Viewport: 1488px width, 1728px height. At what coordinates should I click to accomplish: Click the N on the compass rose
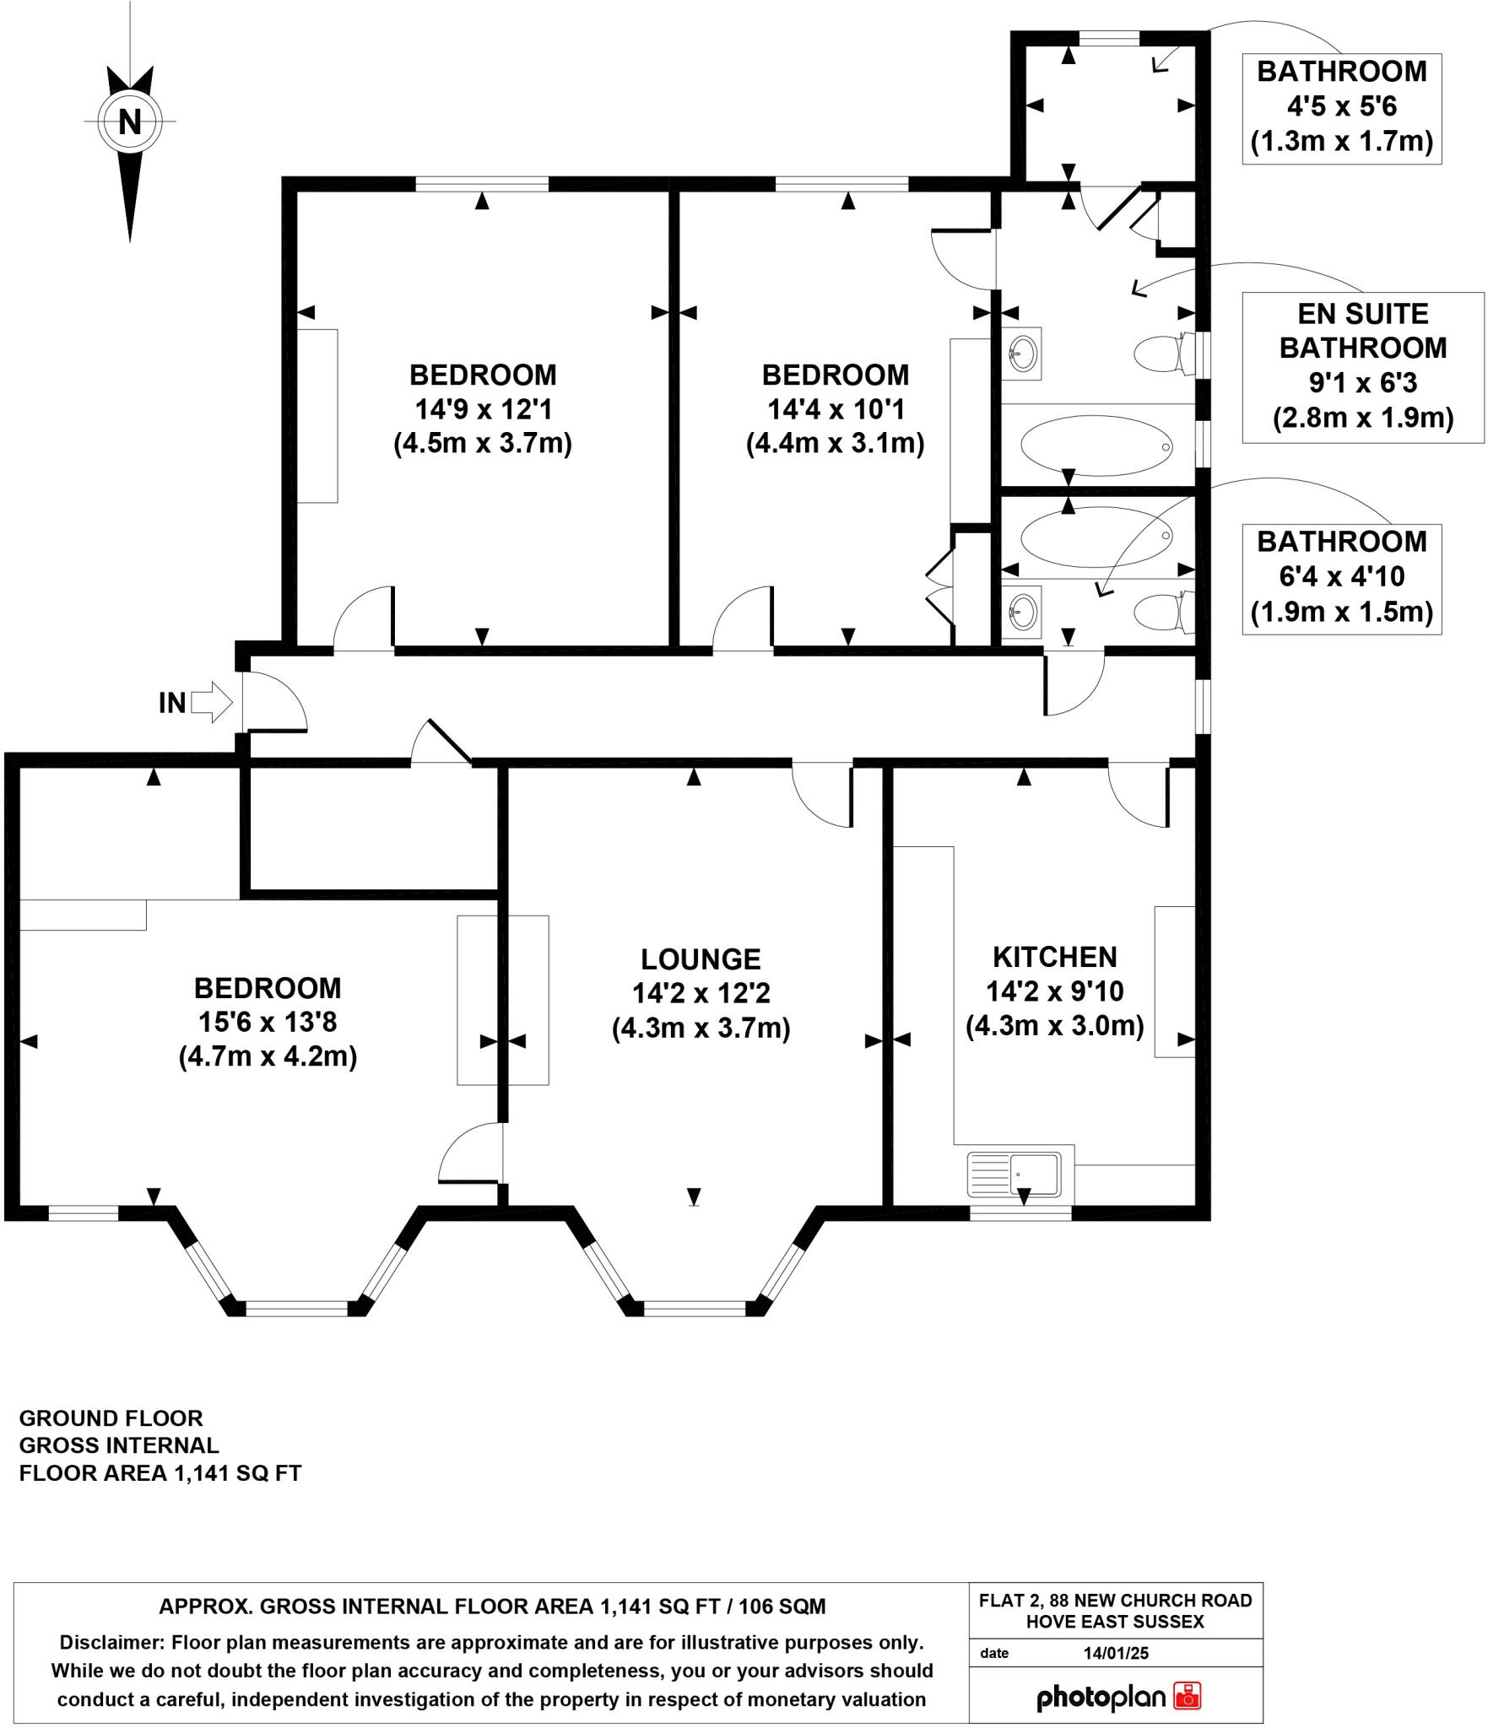pos(129,121)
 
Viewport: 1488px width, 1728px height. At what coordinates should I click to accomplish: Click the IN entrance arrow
pos(211,702)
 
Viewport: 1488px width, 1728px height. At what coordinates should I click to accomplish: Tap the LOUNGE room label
pos(701,959)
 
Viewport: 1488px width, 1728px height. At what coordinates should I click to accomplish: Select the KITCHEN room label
pos(1054,957)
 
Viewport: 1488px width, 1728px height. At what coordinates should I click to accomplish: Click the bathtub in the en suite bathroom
pos(1096,445)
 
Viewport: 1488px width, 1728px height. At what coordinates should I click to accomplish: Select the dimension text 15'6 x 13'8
pos(268,1023)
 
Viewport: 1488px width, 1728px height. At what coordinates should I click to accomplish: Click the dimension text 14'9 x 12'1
pos(483,409)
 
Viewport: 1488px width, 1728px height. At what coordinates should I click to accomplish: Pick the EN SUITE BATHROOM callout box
pos(1362,366)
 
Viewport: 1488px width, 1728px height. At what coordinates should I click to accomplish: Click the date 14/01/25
pos(1116,1653)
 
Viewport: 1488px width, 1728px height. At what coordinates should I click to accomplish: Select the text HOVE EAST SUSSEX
pos(1115,1622)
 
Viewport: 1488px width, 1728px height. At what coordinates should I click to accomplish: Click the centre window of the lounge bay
pos(695,1309)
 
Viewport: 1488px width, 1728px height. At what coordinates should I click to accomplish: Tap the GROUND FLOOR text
pos(111,1417)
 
